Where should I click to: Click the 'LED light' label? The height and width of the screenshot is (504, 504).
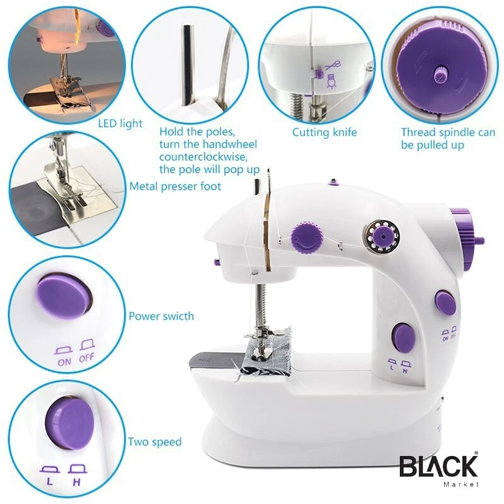coord(120,123)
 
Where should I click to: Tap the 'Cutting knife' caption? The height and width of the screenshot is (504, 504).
coord(324,132)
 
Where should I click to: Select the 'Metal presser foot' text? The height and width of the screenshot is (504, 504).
coord(175,186)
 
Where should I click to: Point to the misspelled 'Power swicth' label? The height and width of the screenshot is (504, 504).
coord(161,316)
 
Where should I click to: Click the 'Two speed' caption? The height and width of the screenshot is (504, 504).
coord(155,442)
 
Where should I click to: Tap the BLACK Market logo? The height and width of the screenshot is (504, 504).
coord(438,469)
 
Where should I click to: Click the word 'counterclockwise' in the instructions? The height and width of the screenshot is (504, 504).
coord(203,157)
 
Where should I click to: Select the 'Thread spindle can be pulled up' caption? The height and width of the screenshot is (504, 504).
coord(448,139)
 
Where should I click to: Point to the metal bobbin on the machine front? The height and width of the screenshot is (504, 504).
coord(382,236)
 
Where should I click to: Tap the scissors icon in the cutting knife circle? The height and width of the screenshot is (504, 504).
coord(333,66)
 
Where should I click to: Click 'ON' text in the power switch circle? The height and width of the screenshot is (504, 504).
coord(64,362)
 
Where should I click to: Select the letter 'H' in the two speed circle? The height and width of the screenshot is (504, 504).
coord(77,482)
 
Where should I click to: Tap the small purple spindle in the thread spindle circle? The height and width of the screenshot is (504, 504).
coord(440,76)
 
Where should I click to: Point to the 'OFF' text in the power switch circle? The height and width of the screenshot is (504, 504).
coord(86,357)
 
